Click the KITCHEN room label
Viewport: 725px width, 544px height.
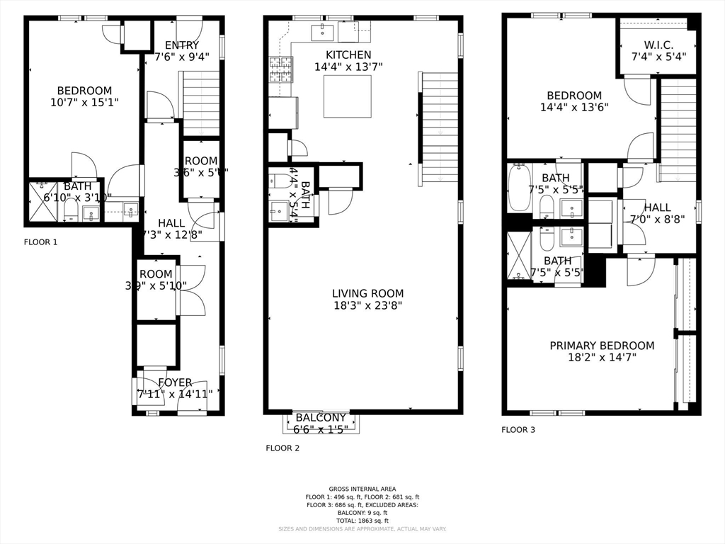coord(348,55)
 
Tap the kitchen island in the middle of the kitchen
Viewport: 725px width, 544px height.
coord(348,96)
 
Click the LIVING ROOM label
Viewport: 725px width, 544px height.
coord(367,293)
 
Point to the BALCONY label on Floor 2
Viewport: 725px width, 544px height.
coord(321,418)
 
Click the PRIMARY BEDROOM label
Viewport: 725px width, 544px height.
coord(602,346)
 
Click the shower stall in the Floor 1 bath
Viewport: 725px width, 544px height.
coord(42,202)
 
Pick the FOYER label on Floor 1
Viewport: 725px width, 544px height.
coord(175,382)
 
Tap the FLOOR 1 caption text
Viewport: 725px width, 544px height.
coord(40,242)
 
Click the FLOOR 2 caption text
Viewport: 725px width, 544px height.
coord(282,448)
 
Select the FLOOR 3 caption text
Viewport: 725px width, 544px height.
coord(518,429)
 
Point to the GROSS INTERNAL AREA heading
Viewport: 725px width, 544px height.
coord(362,489)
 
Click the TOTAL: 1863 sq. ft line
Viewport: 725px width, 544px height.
coord(362,521)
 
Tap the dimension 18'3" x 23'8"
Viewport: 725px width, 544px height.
coord(367,306)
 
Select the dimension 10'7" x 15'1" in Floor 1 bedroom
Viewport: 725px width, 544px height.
coord(84,103)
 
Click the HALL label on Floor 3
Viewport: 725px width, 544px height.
coord(657,208)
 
